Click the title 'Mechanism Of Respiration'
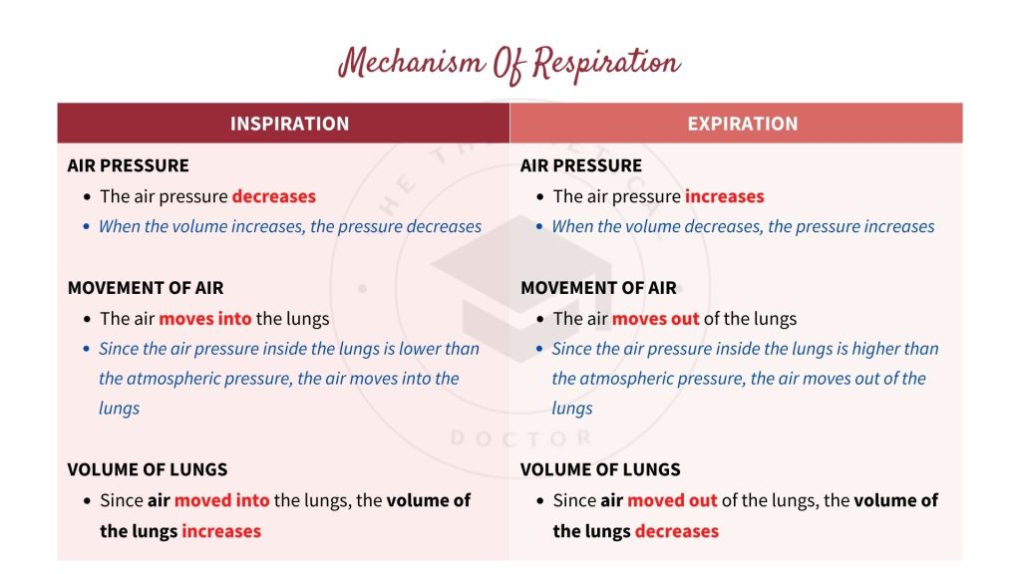tap(510, 63)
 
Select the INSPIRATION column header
tap(289, 124)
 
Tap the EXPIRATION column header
tap(742, 124)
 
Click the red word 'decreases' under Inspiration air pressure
tap(273, 196)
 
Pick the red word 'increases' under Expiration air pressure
tap(725, 196)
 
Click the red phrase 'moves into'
tap(205, 319)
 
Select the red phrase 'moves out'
tap(655, 319)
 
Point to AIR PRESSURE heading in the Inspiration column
tap(128, 165)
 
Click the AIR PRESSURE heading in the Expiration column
tap(581, 165)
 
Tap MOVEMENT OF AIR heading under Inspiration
tap(145, 288)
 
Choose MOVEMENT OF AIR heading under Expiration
tap(598, 288)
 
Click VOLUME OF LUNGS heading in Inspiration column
tap(148, 469)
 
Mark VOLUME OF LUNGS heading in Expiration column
tap(600, 469)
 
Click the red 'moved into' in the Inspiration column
tap(221, 500)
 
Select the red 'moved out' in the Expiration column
tap(672, 500)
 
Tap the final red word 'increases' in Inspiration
tap(220, 531)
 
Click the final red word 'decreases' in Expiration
tap(676, 531)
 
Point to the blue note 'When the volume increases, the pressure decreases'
tap(289, 226)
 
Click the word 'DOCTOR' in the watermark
tap(520, 438)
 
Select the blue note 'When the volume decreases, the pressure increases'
tap(743, 226)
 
